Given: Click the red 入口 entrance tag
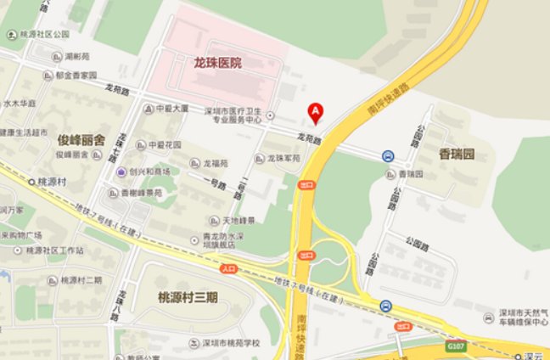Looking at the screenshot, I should tap(227, 268).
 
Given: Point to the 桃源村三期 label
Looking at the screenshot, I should tap(188, 297).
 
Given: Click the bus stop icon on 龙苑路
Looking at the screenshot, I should tap(387, 156).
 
